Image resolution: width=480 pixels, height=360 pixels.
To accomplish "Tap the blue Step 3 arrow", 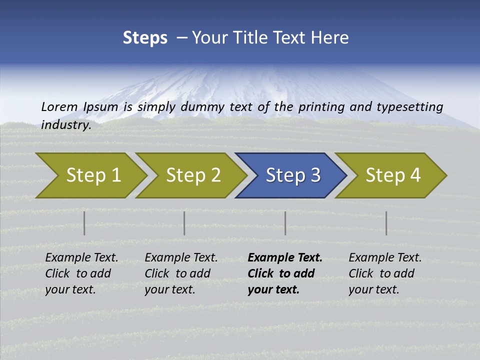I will tap(293, 175).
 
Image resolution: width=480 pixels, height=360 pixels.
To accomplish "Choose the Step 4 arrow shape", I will tap(393, 175).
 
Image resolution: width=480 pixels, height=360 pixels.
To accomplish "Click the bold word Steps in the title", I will tap(145, 38).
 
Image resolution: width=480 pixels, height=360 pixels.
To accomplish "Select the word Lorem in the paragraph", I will tap(59, 106).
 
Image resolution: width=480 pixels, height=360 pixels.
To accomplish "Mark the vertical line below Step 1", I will tap(84, 223).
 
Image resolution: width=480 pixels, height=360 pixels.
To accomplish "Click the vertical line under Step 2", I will tap(184, 223).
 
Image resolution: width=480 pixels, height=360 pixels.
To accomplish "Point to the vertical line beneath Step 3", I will tap(285, 223).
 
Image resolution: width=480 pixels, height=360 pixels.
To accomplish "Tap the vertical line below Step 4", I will tap(386, 223).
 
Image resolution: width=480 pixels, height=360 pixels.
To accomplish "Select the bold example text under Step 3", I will tap(285, 273).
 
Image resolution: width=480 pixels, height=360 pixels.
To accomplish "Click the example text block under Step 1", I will tap(81, 273).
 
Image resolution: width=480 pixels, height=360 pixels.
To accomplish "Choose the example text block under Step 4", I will tap(385, 273).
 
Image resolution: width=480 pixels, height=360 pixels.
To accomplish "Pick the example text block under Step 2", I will tap(181, 273).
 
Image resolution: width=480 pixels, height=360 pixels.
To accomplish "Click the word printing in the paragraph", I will tap(320, 106).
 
